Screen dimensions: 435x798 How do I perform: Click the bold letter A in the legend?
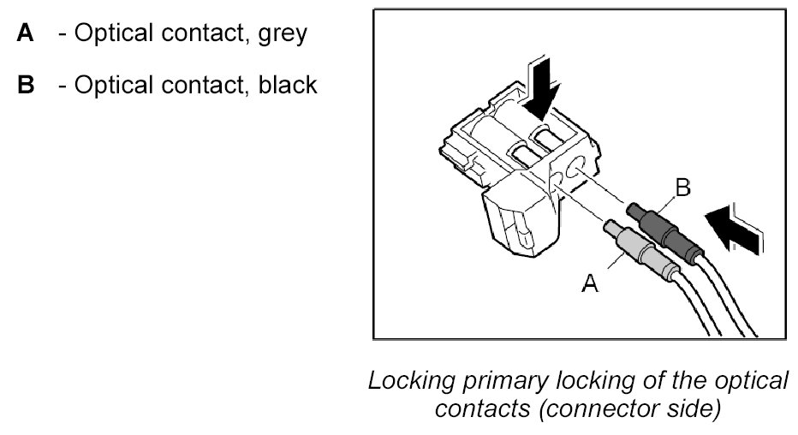tap(25, 34)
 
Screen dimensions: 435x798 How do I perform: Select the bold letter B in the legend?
tap(25, 86)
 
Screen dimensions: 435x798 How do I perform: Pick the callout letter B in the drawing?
tap(682, 188)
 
